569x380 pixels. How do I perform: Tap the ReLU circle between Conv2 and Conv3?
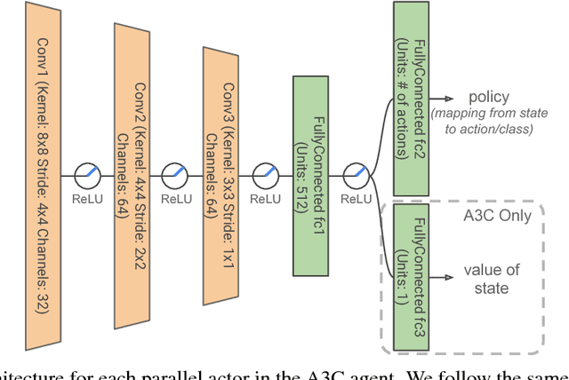click(174, 174)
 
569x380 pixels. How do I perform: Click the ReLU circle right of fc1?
click(356, 174)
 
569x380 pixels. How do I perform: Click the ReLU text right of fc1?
click(356, 199)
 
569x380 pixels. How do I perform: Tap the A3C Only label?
click(496, 215)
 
